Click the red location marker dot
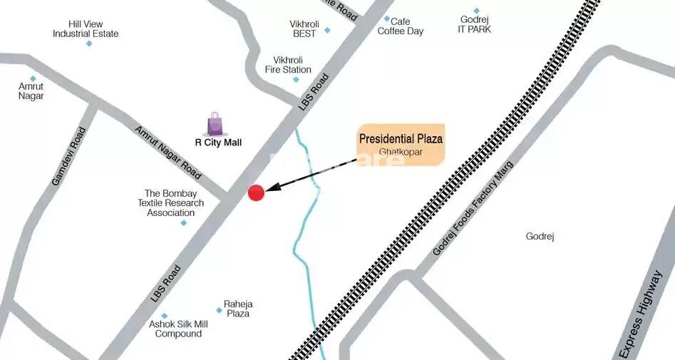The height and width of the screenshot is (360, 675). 256,192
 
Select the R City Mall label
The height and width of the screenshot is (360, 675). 218,143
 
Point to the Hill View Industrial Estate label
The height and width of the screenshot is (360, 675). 86,29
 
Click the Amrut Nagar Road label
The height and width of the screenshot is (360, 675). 168,160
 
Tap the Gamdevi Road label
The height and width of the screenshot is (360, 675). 68,157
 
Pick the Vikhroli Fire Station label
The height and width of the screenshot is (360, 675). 288,65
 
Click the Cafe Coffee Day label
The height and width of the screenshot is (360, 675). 401,26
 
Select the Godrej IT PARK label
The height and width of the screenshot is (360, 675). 475,24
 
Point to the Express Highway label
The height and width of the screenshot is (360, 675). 641,314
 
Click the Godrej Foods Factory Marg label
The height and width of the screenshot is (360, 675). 473,210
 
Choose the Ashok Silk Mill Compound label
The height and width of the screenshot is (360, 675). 178,329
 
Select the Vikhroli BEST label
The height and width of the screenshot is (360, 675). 304,29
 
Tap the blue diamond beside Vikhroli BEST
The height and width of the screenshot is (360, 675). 327,31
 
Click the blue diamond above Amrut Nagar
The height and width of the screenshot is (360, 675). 32,79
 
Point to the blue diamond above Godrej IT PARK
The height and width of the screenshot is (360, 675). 476,11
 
